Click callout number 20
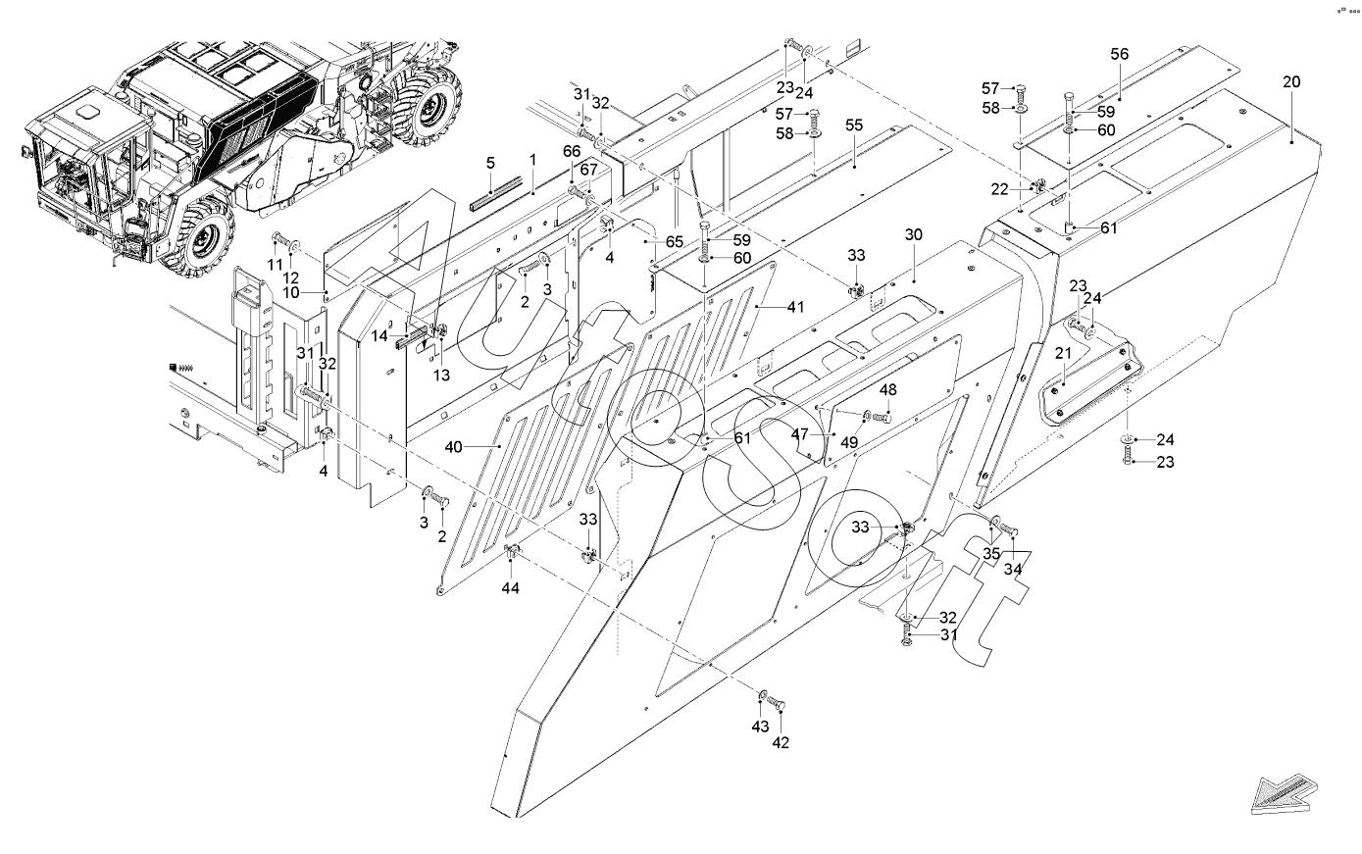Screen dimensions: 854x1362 click(1290, 82)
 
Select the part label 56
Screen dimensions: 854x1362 click(1120, 56)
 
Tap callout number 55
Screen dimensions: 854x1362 click(853, 126)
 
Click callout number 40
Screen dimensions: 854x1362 click(453, 447)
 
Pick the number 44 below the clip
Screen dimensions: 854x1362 click(511, 587)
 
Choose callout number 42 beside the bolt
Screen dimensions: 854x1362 click(781, 742)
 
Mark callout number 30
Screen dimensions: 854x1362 click(914, 235)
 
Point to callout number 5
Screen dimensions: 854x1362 click(490, 162)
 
